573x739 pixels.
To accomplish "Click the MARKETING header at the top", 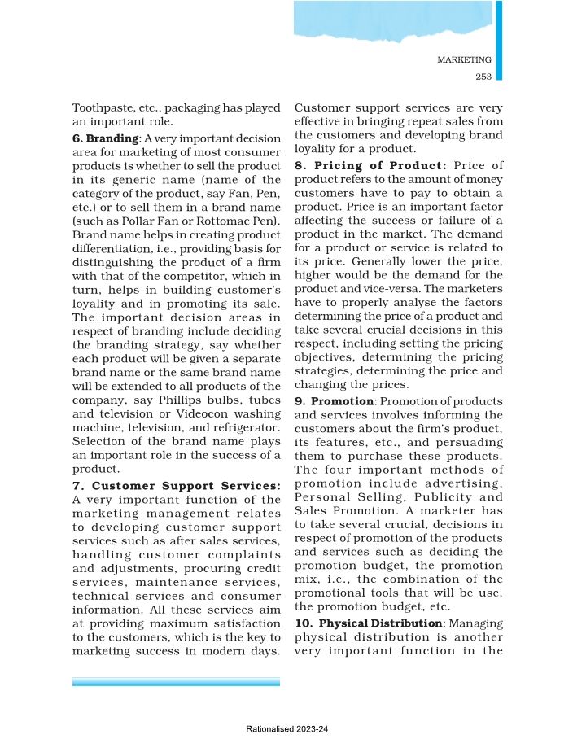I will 464,60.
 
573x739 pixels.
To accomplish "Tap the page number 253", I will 483,77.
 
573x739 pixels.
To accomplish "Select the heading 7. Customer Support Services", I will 177,487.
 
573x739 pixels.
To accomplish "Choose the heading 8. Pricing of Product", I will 370,165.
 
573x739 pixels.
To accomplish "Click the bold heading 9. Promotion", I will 334,401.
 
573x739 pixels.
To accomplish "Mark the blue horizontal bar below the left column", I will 176,681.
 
